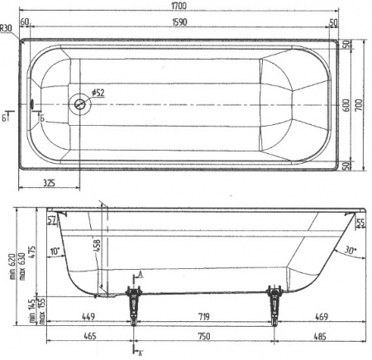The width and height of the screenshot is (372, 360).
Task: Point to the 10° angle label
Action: [55, 250]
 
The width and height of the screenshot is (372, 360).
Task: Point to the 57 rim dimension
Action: [51, 219]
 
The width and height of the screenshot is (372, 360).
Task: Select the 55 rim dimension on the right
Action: [360, 223]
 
